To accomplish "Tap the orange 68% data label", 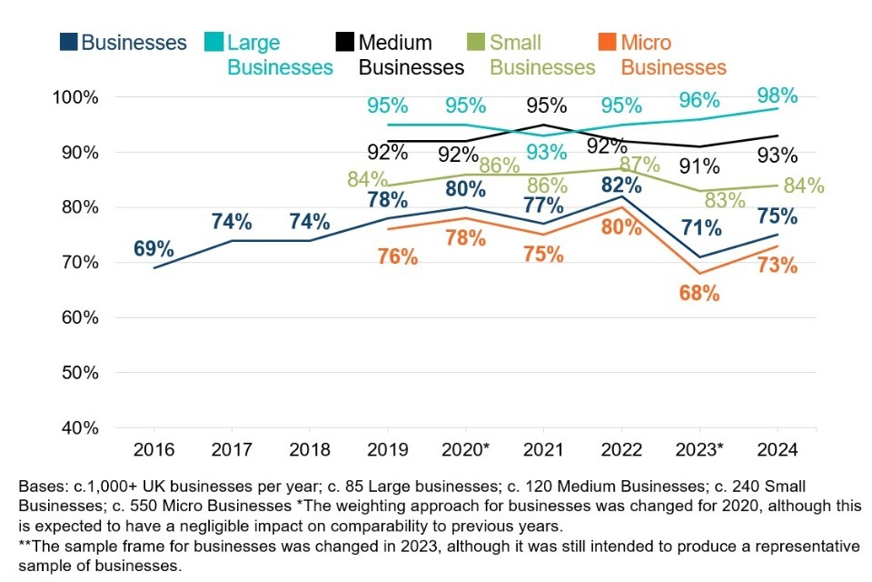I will [699, 293].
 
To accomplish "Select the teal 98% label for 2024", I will [778, 95].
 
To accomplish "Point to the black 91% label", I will [699, 166].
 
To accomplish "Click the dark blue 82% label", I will [622, 184].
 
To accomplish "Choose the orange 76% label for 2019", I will [396, 257].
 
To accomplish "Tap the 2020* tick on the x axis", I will [465, 450].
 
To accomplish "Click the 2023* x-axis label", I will [699, 450].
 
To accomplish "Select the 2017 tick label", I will [231, 450].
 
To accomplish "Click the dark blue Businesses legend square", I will [68, 42].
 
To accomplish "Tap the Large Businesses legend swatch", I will [215, 42].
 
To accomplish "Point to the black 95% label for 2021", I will [545, 105].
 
